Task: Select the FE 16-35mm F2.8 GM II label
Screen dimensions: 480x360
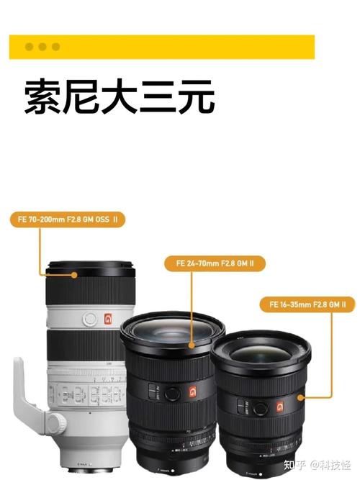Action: tap(307, 304)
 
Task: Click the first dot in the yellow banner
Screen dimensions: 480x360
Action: tap(29, 47)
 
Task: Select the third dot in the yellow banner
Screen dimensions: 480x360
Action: tap(55, 47)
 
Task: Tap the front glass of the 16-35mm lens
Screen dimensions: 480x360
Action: tap(261, 356)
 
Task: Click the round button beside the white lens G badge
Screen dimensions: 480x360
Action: tap(89, 318)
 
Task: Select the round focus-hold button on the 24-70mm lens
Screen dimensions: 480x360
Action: tap(172, 393)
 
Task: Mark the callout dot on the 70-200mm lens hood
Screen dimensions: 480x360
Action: tap(74, 274)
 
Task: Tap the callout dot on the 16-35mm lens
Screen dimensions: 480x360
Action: tap(302, 397)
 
